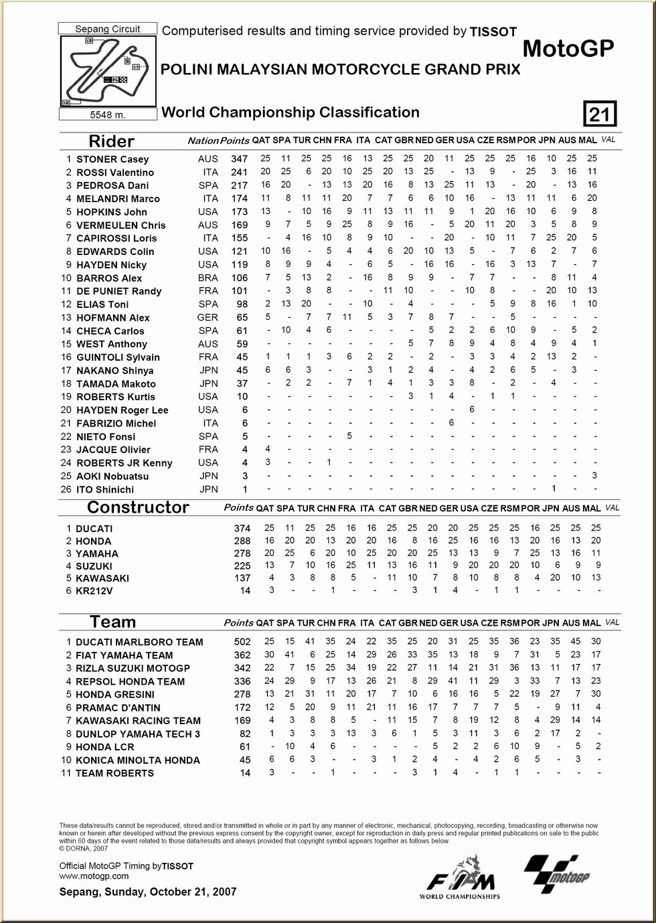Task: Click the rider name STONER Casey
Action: tap(112, 159)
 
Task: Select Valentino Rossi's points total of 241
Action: tap(239, 173)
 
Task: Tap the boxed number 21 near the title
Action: tap(599, 114)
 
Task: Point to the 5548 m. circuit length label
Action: tap(108, 115)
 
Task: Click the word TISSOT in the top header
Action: tap(493, 31)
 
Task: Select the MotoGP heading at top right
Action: tap(568, 48)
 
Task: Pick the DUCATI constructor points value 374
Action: tap(242, 529)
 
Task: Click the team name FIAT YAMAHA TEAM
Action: tap(124, 655)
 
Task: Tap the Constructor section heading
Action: tap(138, 507)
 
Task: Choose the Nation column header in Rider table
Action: tap(203, 141)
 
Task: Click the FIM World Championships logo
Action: tap(459, 877)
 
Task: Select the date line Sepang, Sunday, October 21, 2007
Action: tap(147, 892)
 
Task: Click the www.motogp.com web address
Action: tap(94, 876)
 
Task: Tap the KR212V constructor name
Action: tap(94, 591)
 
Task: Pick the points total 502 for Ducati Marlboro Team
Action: tap(242, 642)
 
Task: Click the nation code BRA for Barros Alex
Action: tap(208, 278)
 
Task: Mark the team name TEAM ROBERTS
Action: tap(114, 773)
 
